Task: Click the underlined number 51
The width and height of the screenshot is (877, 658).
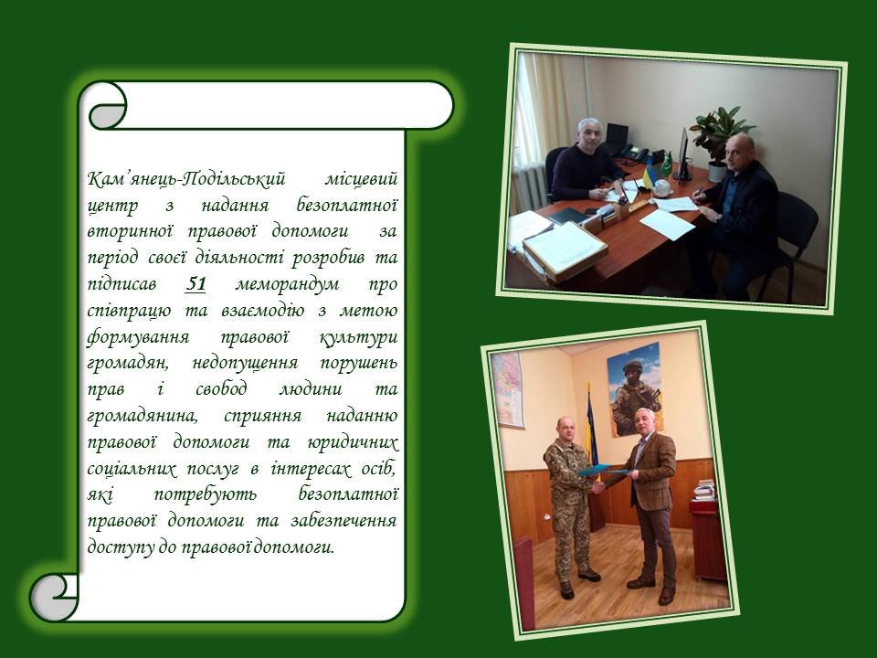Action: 195,283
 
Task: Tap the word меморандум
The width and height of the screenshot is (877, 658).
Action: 287,283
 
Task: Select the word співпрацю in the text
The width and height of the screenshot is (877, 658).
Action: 129,311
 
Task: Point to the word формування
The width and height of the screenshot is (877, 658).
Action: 138,337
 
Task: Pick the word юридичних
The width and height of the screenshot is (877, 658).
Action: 353,442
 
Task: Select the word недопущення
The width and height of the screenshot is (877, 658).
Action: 245,364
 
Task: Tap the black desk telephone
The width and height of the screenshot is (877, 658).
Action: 636,154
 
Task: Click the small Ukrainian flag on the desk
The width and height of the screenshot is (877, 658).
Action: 649,175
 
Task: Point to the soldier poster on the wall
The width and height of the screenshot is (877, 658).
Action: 636,389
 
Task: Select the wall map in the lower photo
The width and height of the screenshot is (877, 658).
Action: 508,389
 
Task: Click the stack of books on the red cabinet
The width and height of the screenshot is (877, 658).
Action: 704,490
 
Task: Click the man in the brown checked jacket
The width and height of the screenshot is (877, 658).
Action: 650,504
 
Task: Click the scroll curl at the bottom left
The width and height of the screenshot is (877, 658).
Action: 54,598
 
